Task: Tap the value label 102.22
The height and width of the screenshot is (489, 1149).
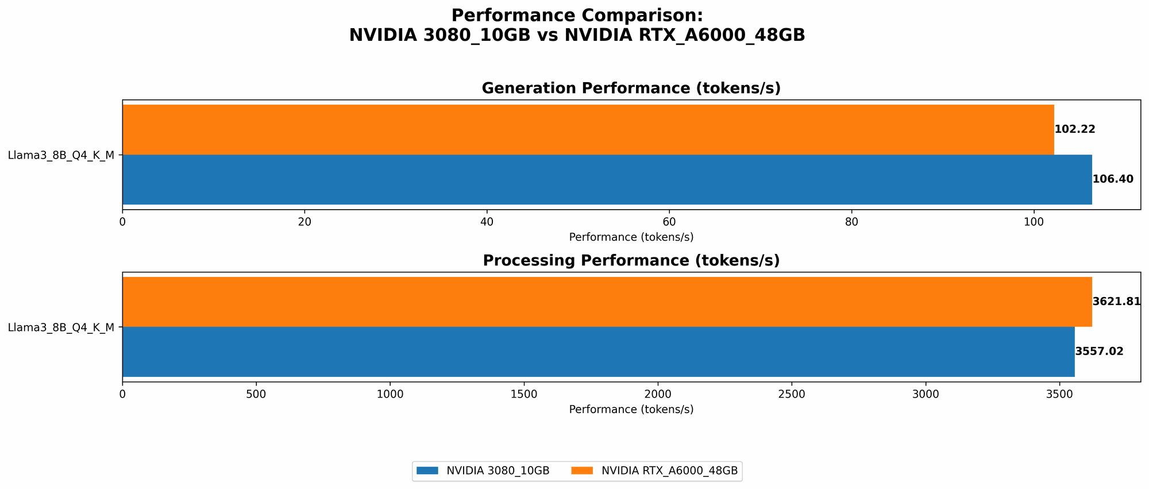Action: point(1075,129)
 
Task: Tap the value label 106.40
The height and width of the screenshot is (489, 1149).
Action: point(1113,179)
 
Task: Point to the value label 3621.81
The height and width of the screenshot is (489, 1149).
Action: point(1116,302)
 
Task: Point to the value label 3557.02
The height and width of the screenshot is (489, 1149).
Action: point(1099,352)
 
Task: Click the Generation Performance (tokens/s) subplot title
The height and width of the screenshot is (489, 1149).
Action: point(631,88)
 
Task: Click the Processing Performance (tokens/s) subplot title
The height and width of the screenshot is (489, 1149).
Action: point(631,261)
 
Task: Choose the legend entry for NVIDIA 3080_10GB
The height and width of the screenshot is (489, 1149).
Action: point(482,471)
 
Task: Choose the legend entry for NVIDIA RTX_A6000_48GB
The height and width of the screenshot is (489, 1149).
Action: point(654,471)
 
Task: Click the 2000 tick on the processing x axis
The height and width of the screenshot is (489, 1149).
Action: point(658,394)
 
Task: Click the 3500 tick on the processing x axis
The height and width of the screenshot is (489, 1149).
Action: point(1059,394)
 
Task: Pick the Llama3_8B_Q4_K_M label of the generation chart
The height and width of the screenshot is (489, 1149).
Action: point(61,155)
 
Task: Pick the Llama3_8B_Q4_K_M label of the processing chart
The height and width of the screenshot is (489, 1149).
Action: point(61,328)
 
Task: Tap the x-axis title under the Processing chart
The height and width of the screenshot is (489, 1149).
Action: point(631,410)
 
